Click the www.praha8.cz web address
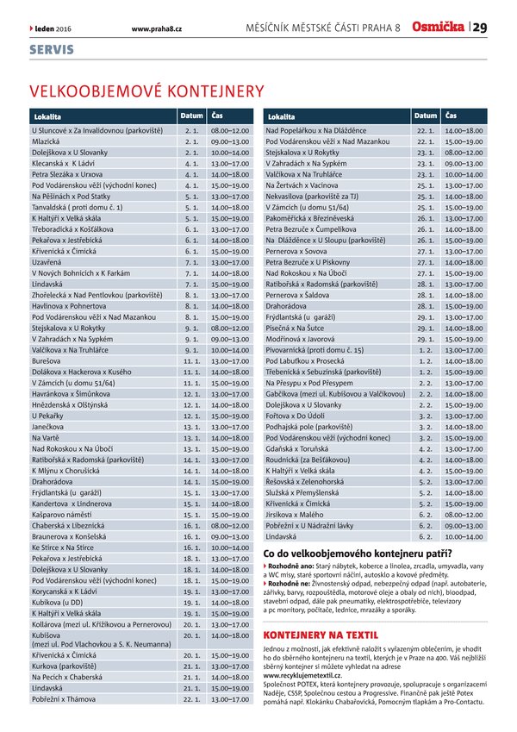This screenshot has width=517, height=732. pos(157,28)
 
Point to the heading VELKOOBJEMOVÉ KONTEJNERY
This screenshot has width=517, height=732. pos(146,91)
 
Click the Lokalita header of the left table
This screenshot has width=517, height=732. pos(48,115)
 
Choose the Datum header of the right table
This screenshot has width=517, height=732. pos(426,115)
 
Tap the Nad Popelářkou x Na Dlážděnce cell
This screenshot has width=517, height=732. pos(317,129)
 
